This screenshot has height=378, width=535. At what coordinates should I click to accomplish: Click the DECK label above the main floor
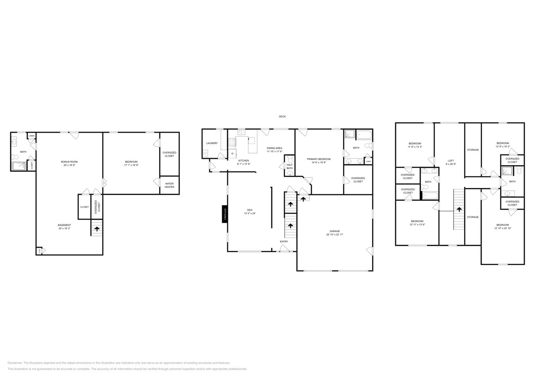pos(282,116)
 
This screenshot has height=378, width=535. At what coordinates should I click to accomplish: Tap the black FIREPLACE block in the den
pos(225,214)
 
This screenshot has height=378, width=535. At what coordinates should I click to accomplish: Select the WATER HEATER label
pos(169,185)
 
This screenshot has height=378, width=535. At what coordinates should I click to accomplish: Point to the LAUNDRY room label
pos(212,143)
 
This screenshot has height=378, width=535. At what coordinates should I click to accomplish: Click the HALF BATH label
pos(289,167)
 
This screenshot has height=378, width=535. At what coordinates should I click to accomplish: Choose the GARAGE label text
pos(335,231)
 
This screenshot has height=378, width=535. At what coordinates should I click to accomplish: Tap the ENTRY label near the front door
pos(284,242)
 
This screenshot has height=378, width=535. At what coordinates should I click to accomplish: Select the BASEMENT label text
pos(64,225)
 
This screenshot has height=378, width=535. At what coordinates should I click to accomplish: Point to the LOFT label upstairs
pos(451,160)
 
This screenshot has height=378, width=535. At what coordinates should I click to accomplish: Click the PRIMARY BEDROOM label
pos(319,159)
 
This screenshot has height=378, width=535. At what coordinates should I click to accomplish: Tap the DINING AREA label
pos(274,148)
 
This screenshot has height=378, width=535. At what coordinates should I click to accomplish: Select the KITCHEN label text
pos(244,160)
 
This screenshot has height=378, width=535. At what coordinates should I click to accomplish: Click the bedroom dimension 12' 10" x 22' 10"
pos(502,228)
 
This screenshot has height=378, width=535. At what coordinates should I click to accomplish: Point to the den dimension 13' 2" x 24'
pos(249,214)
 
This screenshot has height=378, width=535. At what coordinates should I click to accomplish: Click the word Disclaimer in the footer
pos(15,363)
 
